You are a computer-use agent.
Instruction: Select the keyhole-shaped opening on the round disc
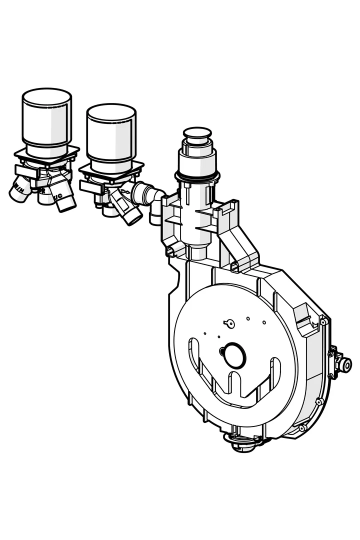228,322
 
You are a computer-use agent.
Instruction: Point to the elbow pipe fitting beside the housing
150,197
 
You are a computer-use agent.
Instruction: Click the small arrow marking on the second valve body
126,190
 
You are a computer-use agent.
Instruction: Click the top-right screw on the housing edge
323,322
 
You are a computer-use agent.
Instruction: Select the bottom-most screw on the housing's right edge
301,428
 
